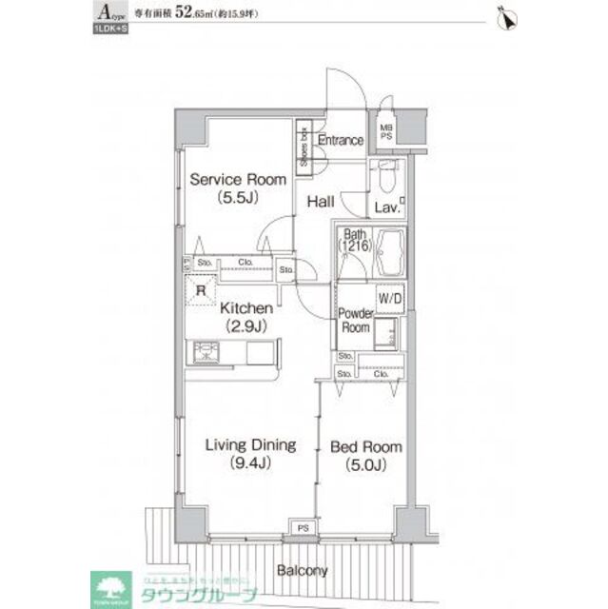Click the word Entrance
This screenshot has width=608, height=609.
pyautogui.click(x=340, y=141)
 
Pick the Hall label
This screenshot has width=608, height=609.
pyautogui.click(x=320, y=201)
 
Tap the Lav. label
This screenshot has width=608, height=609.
pyautogui.click(x=385, y=206)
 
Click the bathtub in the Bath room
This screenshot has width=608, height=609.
pyautogui.click(x=390, y=251)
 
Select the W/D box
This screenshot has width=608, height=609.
pyautogui.click(x=390, y=300)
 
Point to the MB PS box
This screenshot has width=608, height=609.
pyautogui.click(x=387, y=130)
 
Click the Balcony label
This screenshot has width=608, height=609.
pyautogui.click(x=303, y=571)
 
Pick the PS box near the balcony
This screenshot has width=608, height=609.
pyautogui.click(x=303, y=526)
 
